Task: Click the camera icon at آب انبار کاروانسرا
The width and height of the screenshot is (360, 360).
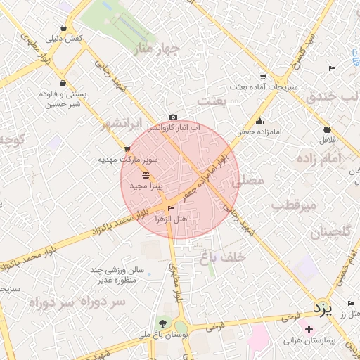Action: [x=173, y=117]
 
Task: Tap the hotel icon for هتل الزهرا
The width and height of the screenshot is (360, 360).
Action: [x=171, y=209]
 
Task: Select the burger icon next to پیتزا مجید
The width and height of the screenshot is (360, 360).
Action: [x=146, y=175]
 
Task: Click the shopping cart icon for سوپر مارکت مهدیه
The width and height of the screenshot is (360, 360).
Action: [x=127, y=149]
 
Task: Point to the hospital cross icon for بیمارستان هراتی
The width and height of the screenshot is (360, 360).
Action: [x=309, y=329]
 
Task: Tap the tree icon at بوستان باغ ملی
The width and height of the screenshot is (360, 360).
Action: [x=163, y=323]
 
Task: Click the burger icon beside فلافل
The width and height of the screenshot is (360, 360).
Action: [x=328, y=129]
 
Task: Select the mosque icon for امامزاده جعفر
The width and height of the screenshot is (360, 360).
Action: [x=259, y=121]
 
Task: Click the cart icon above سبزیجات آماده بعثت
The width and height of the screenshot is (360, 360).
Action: [x=263, y=77]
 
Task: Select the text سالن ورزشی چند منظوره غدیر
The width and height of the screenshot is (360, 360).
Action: [x=117, y=275]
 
